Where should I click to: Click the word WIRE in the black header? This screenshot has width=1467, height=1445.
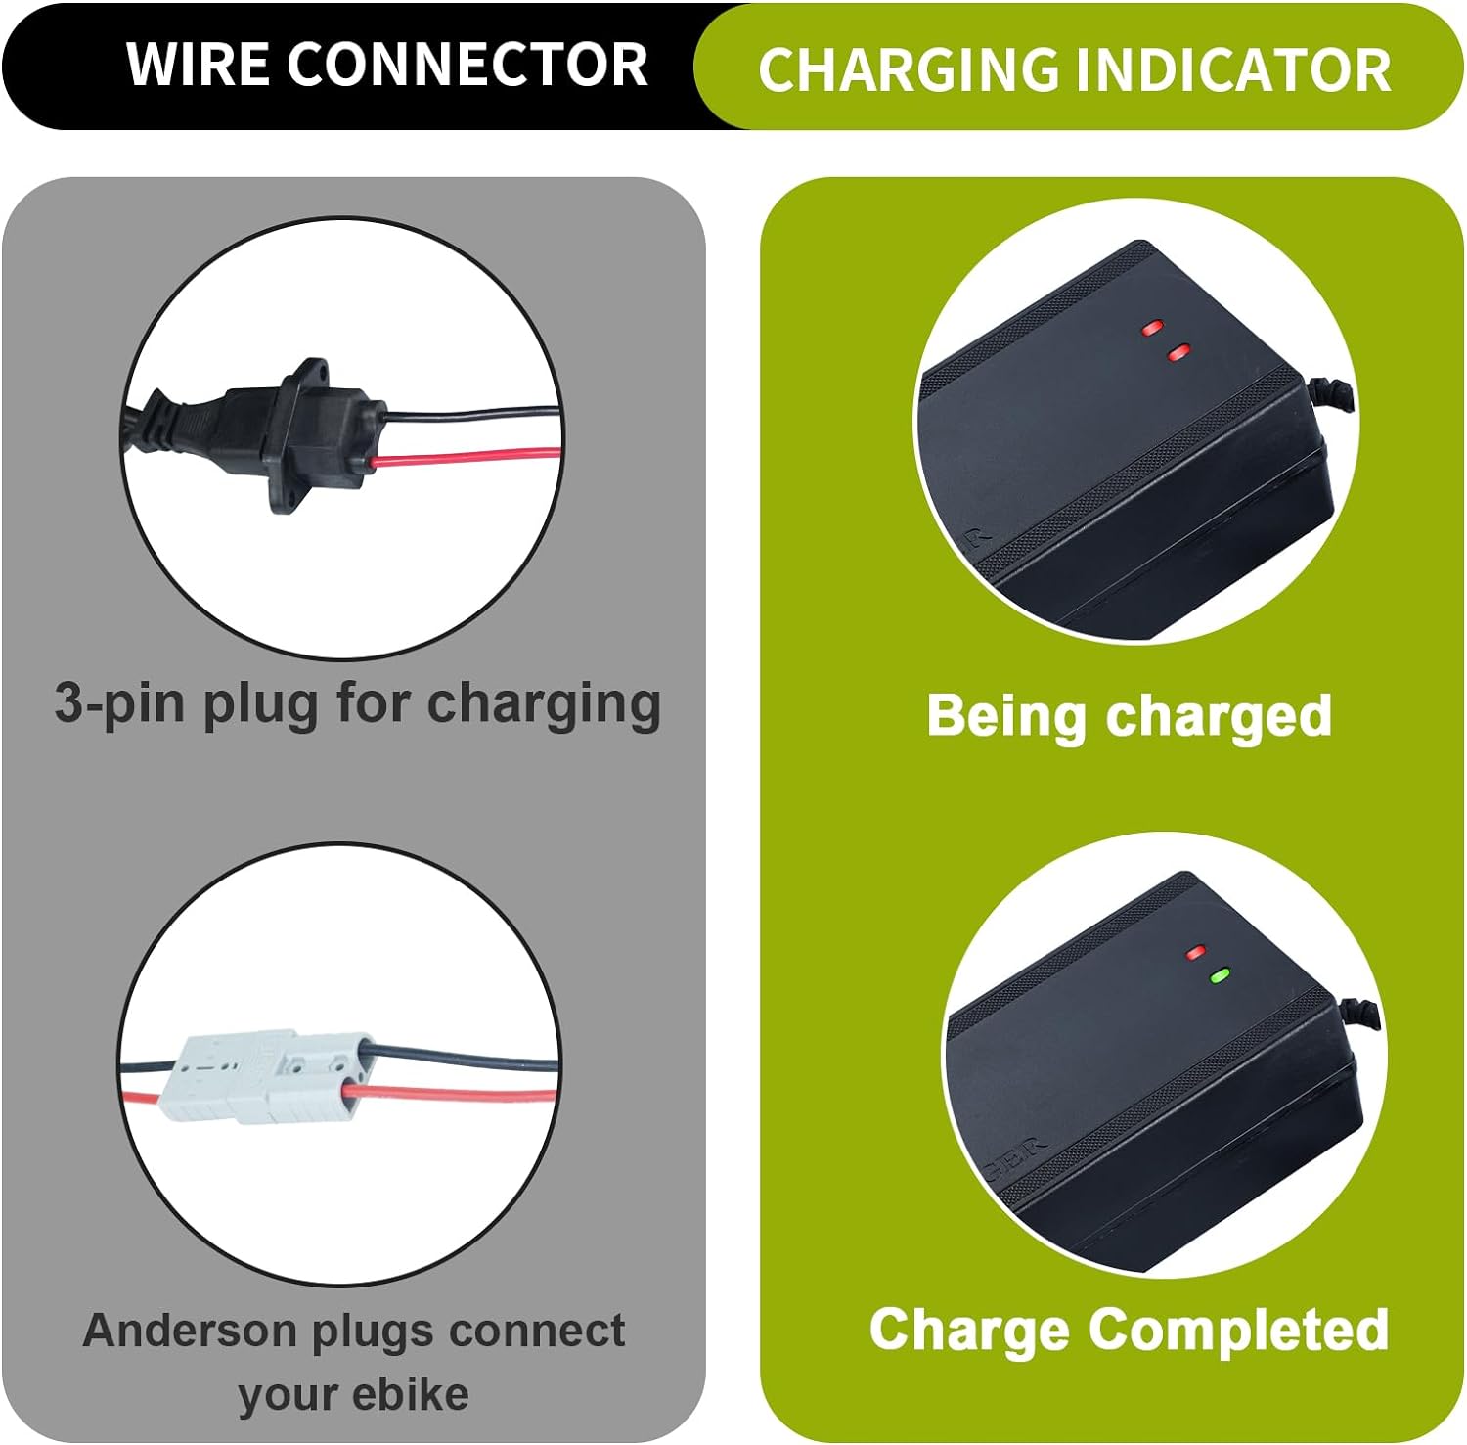(197, 65)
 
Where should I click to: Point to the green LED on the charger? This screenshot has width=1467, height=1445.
(1219, 975)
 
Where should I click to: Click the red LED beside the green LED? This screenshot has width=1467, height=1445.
(1194, 951)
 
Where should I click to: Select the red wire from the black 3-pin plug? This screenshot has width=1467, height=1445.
(469, 457)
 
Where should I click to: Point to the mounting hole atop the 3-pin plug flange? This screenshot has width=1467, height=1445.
(311, 372)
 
